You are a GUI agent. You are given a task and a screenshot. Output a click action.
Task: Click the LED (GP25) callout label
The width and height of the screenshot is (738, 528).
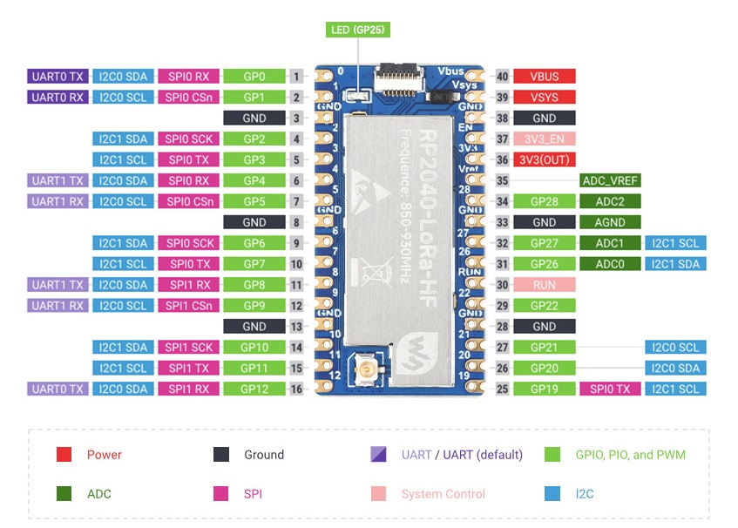click(x=357, y=30)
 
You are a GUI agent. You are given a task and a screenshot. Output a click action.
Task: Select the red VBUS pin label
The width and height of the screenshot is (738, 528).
click(x=545, y=76)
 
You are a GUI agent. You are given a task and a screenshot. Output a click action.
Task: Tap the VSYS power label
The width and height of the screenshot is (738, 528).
click(x=545, y=97)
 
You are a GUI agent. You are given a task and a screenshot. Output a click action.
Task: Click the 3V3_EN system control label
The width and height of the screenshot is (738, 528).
click(x=545, y=139)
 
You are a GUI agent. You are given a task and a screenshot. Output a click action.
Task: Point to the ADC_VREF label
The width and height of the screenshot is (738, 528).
click(x=610, y=180)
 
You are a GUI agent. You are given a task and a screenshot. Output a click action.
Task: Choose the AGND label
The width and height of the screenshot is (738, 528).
click(x=610, y=222)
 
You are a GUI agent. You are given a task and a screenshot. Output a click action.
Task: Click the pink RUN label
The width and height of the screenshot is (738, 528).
click(x=545, y=285)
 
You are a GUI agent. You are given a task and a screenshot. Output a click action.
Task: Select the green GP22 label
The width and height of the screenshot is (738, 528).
click(x=545, y=306)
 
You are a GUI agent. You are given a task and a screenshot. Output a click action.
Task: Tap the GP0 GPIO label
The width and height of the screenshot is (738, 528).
click(x=254, y=76)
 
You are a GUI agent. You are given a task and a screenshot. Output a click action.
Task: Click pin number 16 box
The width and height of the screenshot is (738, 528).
click(x=297, y=389)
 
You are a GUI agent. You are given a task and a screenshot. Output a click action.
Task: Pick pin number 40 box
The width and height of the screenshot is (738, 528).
click(x=502, y=76)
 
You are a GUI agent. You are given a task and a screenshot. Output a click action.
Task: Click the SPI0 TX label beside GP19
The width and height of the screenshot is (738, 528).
click(x=610, y=389)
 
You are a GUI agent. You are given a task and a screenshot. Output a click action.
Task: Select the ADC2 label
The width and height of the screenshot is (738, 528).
click(x=610, y=201)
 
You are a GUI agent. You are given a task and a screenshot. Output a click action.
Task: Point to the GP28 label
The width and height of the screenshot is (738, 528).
click(x=545, y=201)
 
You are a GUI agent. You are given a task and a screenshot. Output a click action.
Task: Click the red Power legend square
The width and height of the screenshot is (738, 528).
click(x=64, y=454)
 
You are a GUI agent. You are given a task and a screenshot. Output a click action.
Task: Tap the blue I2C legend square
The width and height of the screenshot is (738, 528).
click(x=552, y=493)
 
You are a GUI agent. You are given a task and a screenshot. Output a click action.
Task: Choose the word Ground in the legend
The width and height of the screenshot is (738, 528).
click(x=264, y=455)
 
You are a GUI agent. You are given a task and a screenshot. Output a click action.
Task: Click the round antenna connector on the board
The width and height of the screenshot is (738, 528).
click(x=364, y=373)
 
